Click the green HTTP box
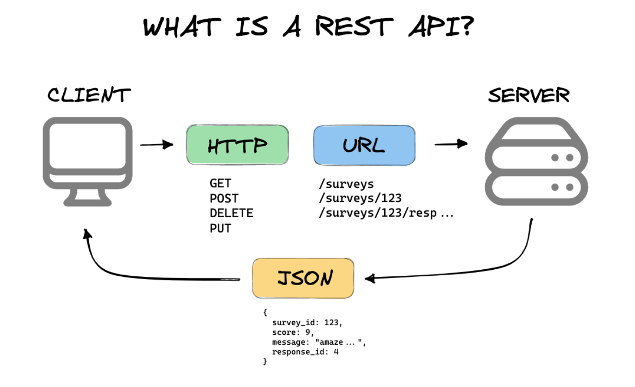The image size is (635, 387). point(238,145)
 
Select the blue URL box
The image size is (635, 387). point(365,145)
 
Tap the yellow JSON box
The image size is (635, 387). point(303,278)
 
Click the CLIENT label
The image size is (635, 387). point(89,95)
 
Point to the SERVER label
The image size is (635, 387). point(528,95)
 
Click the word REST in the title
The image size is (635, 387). point(354,26)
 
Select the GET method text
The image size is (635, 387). point(220,183)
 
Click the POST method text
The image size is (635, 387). point(224,199)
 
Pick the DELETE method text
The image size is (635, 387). point(231,213)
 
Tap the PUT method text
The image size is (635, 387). point(220,228)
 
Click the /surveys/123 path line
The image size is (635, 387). point(360,198)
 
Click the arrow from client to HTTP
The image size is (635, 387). point(156,145)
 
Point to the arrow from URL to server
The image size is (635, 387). point(451,144)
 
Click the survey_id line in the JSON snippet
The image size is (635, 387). point(307,323)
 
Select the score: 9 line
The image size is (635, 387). point(293,332)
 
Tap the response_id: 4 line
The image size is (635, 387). point(305,352)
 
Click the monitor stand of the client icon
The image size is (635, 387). point(87,198)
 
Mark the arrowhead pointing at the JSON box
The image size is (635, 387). point(369,279)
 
